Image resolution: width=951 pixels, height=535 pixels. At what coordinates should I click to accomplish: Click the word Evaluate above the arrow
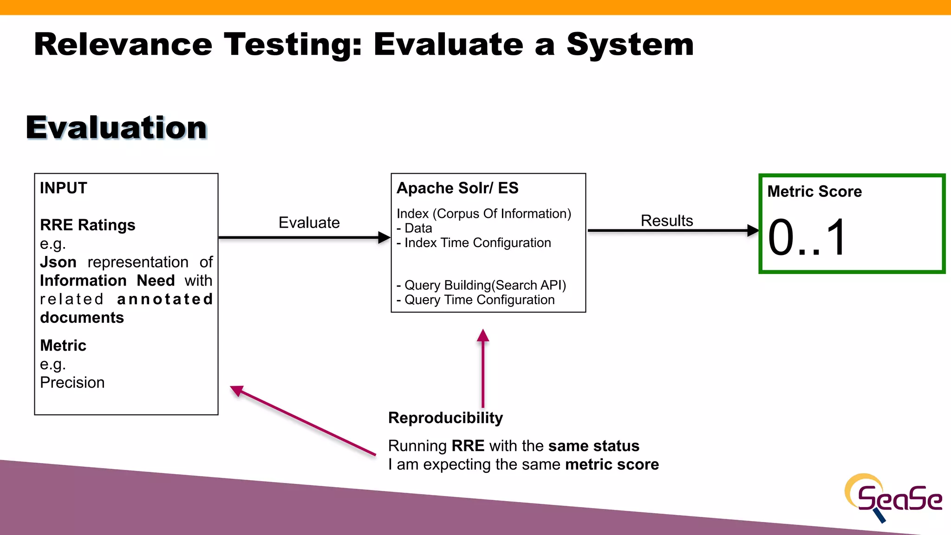click(309, 222)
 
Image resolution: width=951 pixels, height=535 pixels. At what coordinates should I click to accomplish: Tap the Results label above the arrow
click(666, 221)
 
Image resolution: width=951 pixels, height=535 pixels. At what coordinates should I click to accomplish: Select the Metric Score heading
click(814, 191)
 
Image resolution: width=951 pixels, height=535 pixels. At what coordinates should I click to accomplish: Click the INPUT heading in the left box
click(64, 188)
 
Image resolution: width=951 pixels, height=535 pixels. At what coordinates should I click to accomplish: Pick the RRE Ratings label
click(87, 225)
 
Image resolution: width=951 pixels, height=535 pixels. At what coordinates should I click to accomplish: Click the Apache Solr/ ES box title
click(457, 188)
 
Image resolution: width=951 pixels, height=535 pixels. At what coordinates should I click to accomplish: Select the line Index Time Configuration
click(477, 243)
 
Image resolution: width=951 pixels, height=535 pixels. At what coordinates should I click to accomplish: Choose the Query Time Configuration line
click(479, 300)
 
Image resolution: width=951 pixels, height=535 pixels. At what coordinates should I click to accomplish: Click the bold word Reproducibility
click(445, 418)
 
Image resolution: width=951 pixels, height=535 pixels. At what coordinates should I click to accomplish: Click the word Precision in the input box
click(72, 383)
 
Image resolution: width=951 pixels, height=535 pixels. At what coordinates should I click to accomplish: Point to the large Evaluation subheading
click(116, 128)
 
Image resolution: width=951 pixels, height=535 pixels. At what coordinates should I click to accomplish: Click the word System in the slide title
click(630, 45)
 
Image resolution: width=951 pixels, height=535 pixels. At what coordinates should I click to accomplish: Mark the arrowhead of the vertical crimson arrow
click(483, 335)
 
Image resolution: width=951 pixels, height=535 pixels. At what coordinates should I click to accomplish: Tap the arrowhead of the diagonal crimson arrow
click(237, 391)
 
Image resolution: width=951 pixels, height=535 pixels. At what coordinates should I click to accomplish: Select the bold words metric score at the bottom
click(612, 464)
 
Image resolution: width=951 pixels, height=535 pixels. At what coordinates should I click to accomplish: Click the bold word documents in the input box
click(82, 318)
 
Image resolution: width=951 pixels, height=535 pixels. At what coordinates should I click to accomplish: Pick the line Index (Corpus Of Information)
click(483, 214)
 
